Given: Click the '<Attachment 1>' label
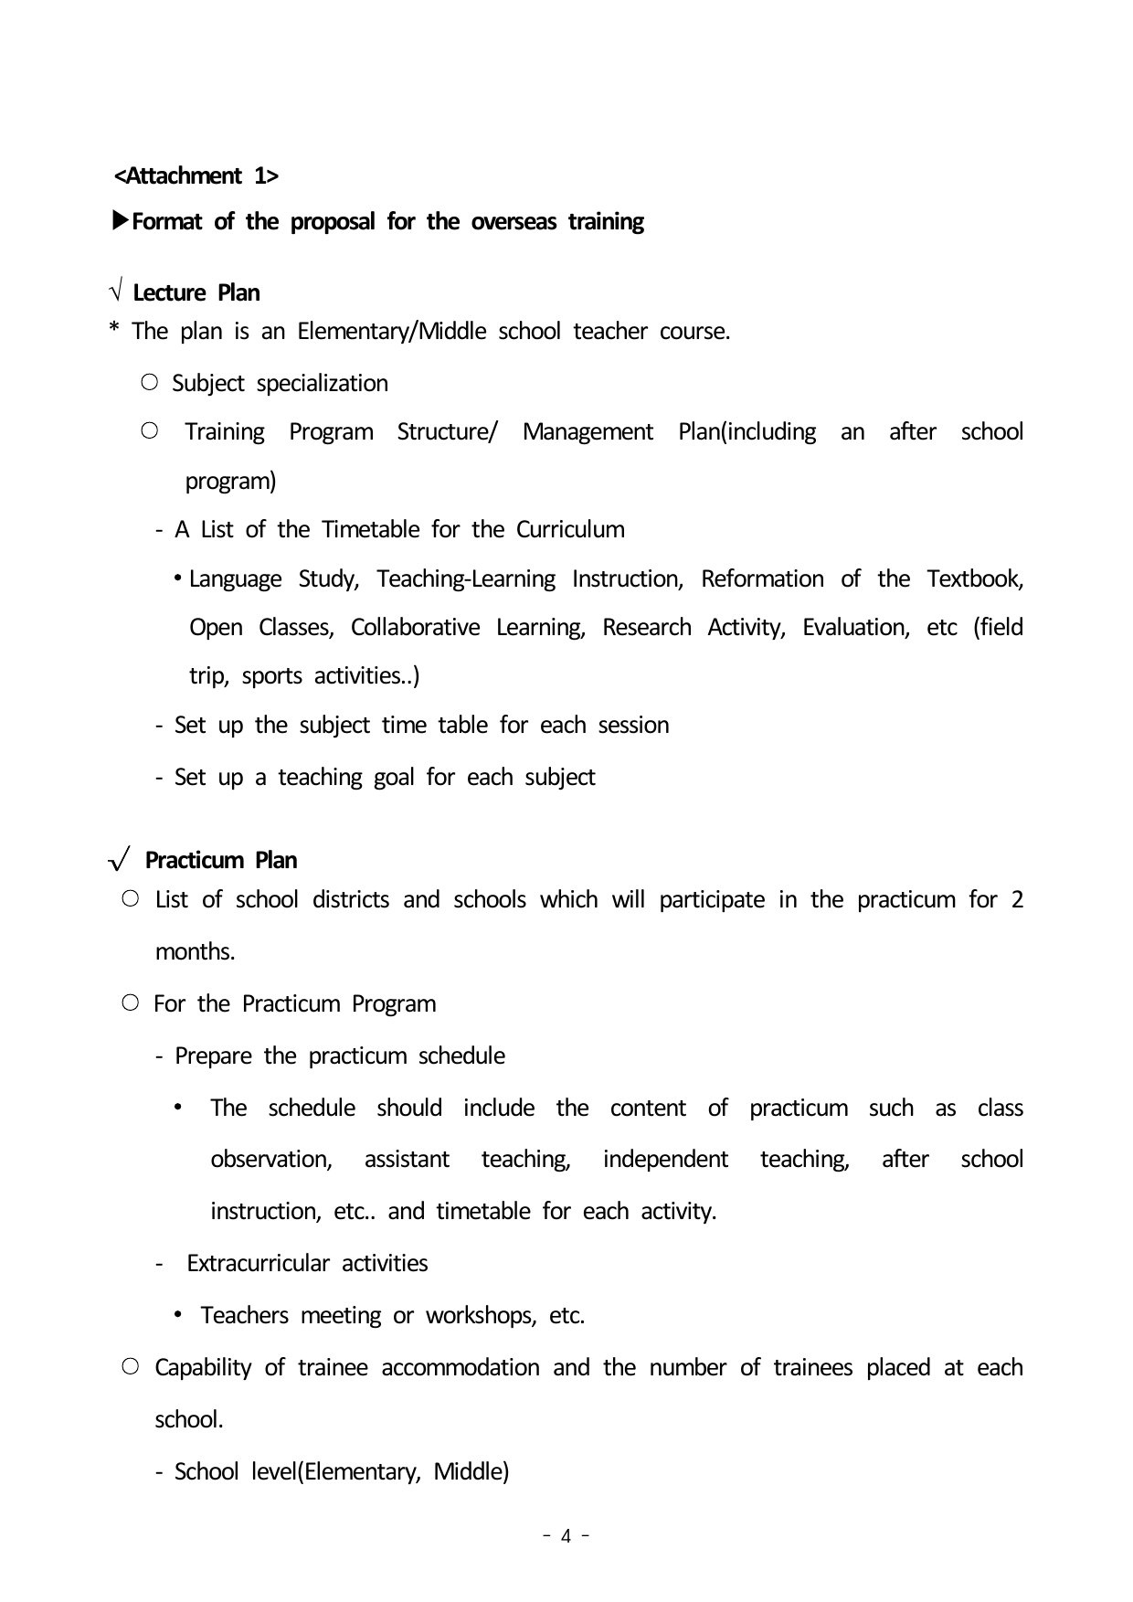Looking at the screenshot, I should click(x=196, y=175).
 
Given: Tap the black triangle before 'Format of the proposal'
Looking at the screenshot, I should click(x=120, y=221).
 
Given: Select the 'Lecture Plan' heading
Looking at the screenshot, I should click(x=196, y=293).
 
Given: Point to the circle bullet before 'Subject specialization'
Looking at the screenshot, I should click(x=151, y=383).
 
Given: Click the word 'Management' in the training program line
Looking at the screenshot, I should click(x=588, y=432).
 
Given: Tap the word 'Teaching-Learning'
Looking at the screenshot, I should click(x=466, y=579).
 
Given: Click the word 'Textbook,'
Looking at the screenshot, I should click(x=975, y=579).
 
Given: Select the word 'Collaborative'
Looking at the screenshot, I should click(x=415, y=628).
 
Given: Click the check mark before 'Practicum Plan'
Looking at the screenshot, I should click(x=120, y=861).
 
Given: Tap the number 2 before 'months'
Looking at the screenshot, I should click(x=1017, y=900).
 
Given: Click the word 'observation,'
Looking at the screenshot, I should click(x=271, y=1160).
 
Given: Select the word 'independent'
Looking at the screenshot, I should click(x=665, y=1160).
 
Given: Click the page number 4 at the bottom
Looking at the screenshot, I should click(x=566, y=1536).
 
